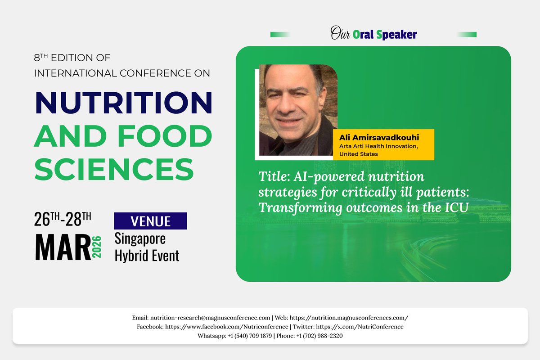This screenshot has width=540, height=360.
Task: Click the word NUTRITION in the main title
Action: point(123,103)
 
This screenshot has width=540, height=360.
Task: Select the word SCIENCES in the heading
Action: point(114,169)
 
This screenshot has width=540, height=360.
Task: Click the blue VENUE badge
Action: point(150,221)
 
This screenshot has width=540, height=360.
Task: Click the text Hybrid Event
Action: point(147,256)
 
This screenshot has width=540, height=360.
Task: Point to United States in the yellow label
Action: point(359,154)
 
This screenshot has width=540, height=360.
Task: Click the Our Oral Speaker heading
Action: point(373,34)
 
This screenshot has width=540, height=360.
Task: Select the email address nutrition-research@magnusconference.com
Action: point(210,318)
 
